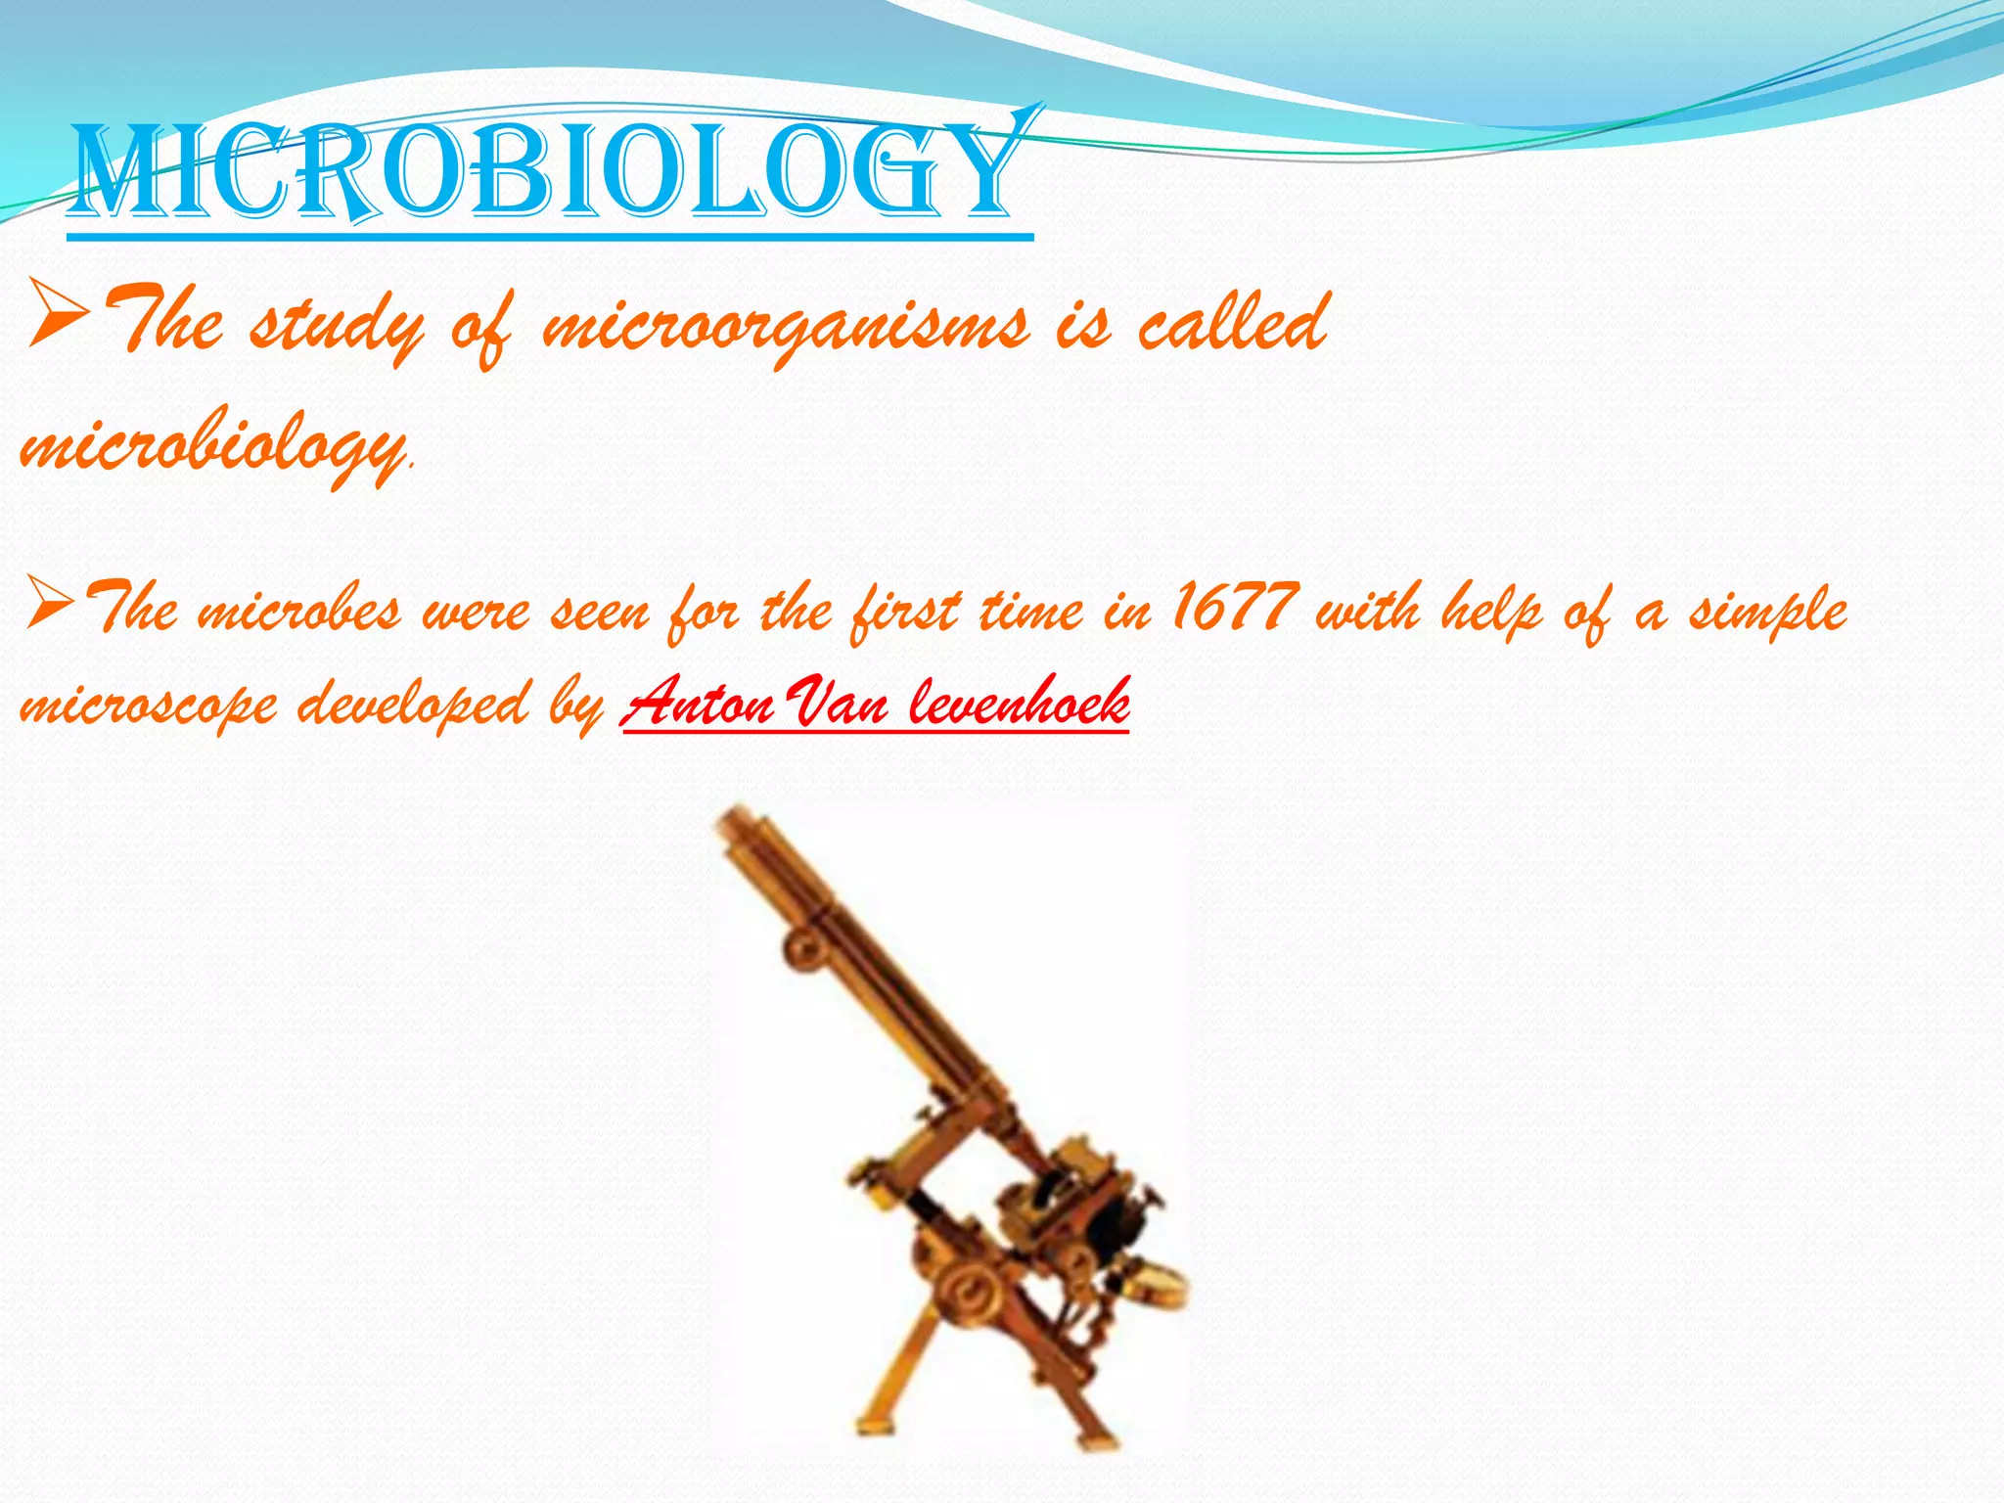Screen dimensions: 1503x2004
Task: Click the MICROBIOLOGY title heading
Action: [x=548, y=174]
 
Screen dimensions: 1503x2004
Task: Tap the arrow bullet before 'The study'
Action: [x=59, y=313]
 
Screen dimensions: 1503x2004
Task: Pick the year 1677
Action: [x=1234, y=608]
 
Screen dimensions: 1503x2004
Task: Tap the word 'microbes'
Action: [x=299, y=613]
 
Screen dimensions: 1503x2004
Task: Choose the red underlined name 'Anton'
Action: [x=699, y=703]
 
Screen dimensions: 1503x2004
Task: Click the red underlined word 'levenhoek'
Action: [x=1019, y=703]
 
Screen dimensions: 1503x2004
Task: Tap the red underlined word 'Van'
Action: [x=838, y=703]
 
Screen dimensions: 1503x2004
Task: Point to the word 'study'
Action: [x=337, y=328]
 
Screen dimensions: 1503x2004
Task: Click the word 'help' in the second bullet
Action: [x=1491, y=611]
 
